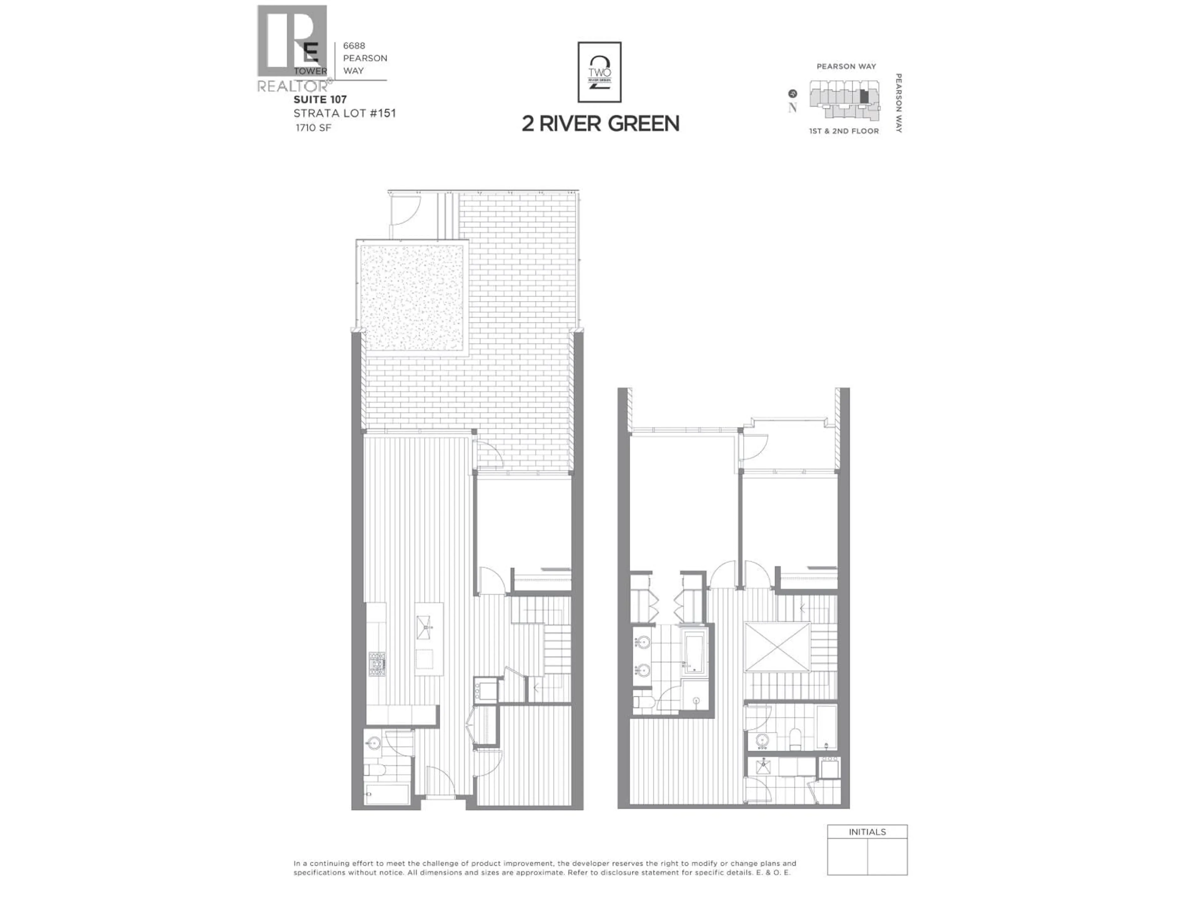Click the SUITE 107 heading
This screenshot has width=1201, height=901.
pos(320,99)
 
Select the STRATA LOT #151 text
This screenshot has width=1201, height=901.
pos(344,114)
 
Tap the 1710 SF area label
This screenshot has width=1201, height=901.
pos(313,128)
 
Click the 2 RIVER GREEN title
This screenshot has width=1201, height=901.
pos(600,124)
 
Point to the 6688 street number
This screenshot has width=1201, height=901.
pos(354,46)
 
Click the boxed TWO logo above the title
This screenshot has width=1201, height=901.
pos(600,72)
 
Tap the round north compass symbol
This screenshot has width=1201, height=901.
pos(793,94)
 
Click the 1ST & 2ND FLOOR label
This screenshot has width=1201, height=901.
pos(844,131)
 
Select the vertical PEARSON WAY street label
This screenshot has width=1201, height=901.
pos(899,103)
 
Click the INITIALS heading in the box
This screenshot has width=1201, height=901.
pos(867,832)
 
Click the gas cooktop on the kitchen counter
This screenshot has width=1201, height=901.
pos(377,664)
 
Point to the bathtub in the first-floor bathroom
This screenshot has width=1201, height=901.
pos(388,794)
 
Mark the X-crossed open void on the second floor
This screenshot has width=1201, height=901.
pos(777,647)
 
